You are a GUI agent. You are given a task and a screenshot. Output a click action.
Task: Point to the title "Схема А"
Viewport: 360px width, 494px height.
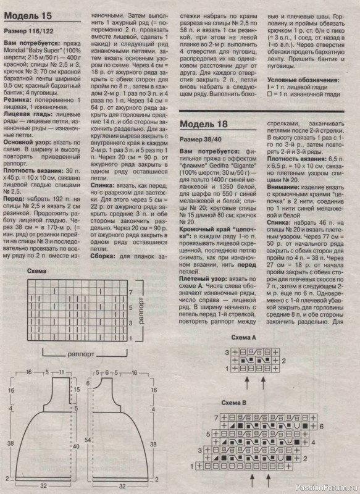(x=243, y=338)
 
